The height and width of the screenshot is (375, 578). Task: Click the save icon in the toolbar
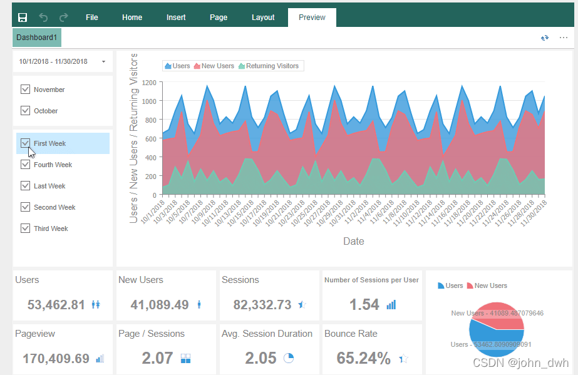click(x=23, y=18)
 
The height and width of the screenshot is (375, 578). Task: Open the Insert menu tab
click(x=176, y=18)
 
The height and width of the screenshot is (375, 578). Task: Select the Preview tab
click(x=312, y=18)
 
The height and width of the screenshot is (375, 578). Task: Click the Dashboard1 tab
click(x=37, y=38)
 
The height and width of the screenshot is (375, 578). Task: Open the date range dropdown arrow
click(x=103, y=61)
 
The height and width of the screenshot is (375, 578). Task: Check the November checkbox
click(x=26, y=90)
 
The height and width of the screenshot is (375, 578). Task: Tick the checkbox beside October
click(x=26, y=111)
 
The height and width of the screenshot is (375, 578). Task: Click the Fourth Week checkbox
click(x=26, y=165)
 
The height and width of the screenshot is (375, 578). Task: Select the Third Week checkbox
click(x=26, y=229)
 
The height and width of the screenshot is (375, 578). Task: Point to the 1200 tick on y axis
click(x=148, y=82)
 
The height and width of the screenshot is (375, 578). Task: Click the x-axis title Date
click(x=353, y=241)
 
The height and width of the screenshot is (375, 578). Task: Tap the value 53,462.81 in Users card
click(x=56, y=305)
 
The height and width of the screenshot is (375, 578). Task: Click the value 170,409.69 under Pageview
click(x=56, y=359)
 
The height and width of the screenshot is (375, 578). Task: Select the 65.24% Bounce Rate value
click(x=363, y=359)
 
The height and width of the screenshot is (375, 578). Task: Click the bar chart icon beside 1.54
click(x=391, y=305)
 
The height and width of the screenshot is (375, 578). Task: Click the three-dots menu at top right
click(x=564, y=38)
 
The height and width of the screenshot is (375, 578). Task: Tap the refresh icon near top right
click(x=545, y=38)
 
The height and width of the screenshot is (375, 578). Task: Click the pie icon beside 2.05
click(x=289, y=358)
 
